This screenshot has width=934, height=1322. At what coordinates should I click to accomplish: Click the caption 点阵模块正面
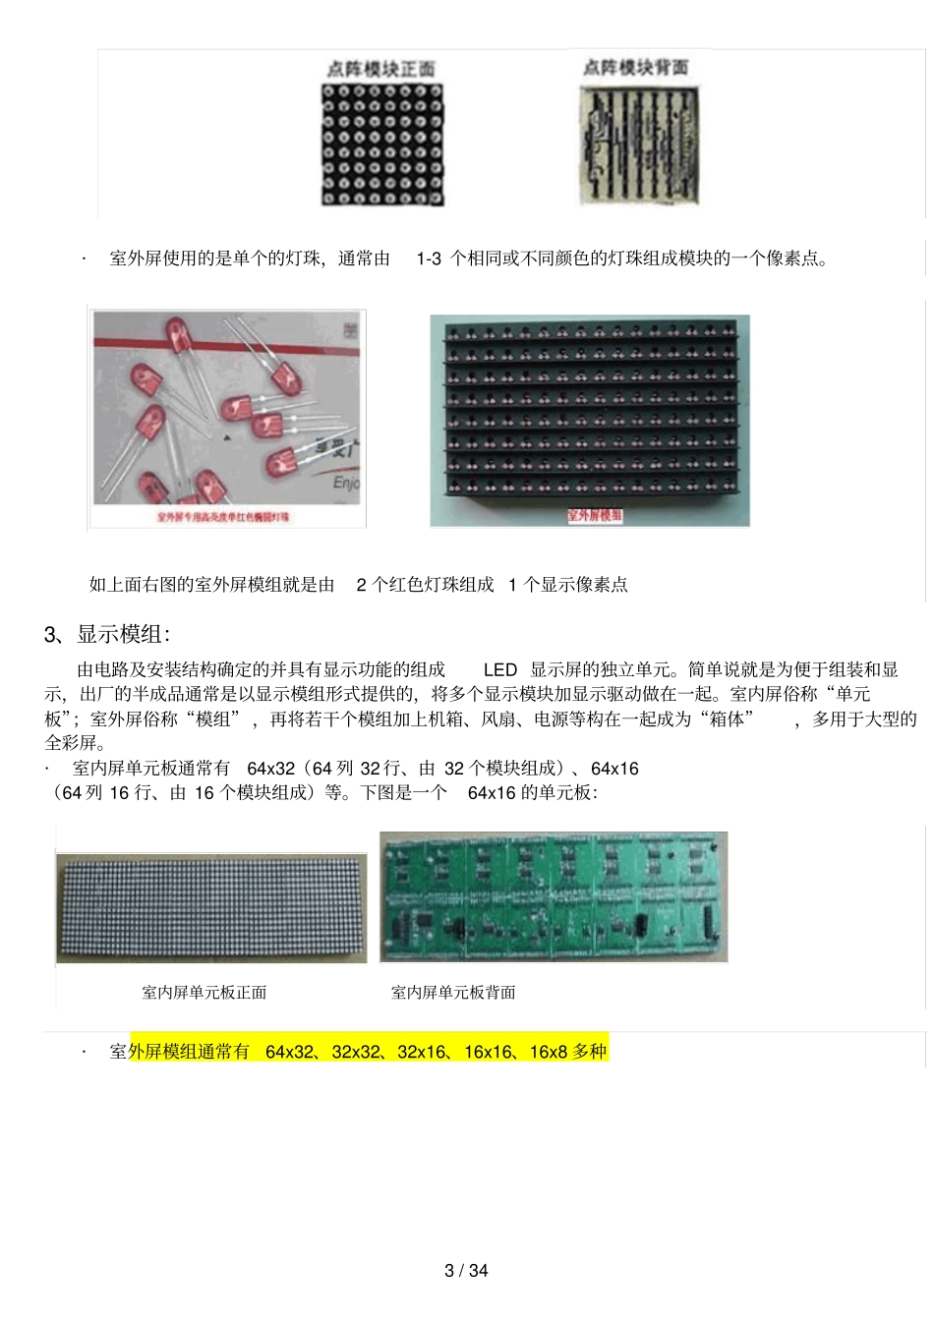pyautogui.click(x=380, y=69)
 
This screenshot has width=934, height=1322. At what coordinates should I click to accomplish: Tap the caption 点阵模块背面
pyautogui.click(x=635, y=67)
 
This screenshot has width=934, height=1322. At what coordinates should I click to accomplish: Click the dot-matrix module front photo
pyautogui.click(x=382, y=144)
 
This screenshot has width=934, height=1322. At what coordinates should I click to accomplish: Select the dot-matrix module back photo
pyautogui.click(x=639, y=144)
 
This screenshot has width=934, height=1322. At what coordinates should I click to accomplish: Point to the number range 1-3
pyautogui.click(x=429, y=259)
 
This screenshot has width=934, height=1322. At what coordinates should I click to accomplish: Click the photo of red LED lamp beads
pyautogui.click(x=227, y=410)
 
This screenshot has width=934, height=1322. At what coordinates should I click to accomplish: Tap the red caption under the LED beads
pyautogui.click(x=223, y=516)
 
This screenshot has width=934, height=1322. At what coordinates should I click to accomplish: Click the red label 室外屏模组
pyautogui.click(x=594, y=515)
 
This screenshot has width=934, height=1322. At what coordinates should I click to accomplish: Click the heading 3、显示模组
pyautogui.click(x=107, y=634)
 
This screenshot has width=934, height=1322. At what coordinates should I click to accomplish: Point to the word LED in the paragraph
pyautogui.click(x=500, y=669)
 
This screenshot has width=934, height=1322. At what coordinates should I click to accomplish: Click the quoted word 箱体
pyautogui.click(x=727, y=718)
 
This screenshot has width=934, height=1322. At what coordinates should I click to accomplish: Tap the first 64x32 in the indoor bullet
pyautogui.click(x=271, y=768)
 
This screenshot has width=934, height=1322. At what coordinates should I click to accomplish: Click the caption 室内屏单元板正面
pyautogui.click(x=204, y=993)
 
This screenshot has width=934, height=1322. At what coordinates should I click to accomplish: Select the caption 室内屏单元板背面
pyautogui.click(x=453, y=993)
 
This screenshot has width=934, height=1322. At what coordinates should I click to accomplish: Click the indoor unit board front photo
pyautogui.click(x=211, y=906)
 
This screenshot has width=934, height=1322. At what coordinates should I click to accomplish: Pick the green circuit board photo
pyautogui.click(x=554, y=896)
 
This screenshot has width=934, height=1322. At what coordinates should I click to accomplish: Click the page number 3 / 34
pyautogui.click(x=466, y=1270)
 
